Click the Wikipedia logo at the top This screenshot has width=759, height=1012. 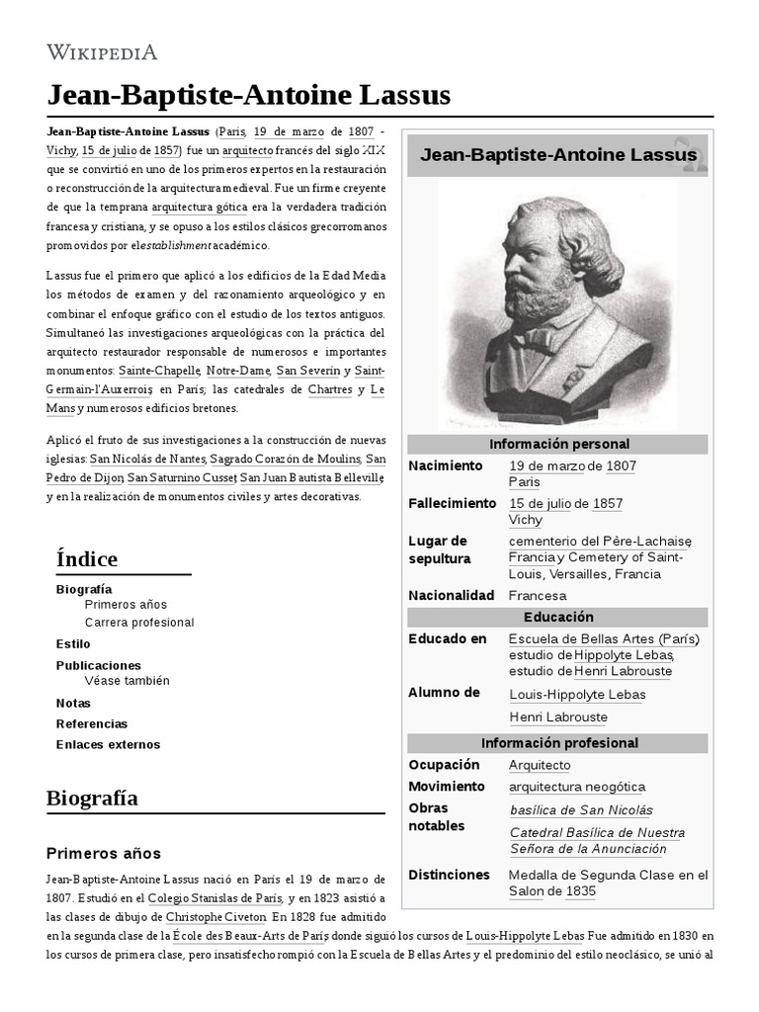(x=102, y=52)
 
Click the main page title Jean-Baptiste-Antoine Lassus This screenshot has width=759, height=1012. (x=248, y=95)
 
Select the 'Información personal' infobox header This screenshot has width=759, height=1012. (x=558, y=444)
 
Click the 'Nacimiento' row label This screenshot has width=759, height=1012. (x=446, y=465)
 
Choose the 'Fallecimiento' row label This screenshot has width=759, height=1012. (x=452, y=503)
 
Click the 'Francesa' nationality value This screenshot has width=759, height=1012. (x=538, y=595)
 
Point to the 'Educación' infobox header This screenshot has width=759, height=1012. (x=558, y=617)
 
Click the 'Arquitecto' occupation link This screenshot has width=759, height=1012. (x=540, y=765)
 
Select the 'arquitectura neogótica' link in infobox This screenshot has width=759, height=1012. (x=577, y=787)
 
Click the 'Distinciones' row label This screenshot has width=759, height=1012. (x=449, y=875)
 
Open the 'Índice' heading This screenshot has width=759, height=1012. (x=87, y=558)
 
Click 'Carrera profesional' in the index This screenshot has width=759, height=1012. (x=139, y=623)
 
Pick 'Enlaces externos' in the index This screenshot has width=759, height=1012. (x=108, y=744)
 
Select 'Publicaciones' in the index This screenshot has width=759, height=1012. (x=99, y=665)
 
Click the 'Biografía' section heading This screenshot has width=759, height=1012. (x=92, y=798)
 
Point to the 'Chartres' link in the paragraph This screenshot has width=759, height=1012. (x=329, y=388)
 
